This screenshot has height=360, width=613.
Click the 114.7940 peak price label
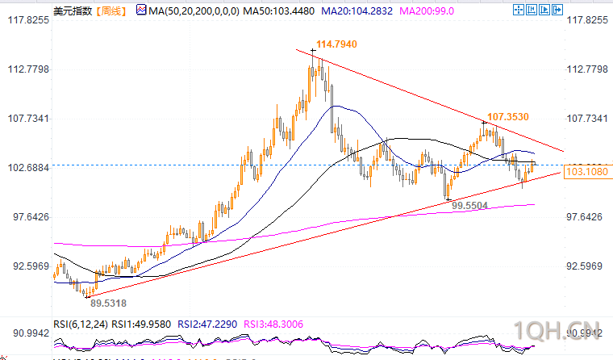[x=336, y=44]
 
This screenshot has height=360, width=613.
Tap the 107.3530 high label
[x=507, y=116]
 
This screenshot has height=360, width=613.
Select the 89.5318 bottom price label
[x=107, y=303]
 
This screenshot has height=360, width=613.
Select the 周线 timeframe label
[x=111, y=10]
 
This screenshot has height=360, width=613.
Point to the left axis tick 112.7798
[x=27, y=69]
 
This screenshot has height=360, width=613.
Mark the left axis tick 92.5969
[x=27, y=266]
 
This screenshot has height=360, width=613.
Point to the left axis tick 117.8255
[x=27, y=20]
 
